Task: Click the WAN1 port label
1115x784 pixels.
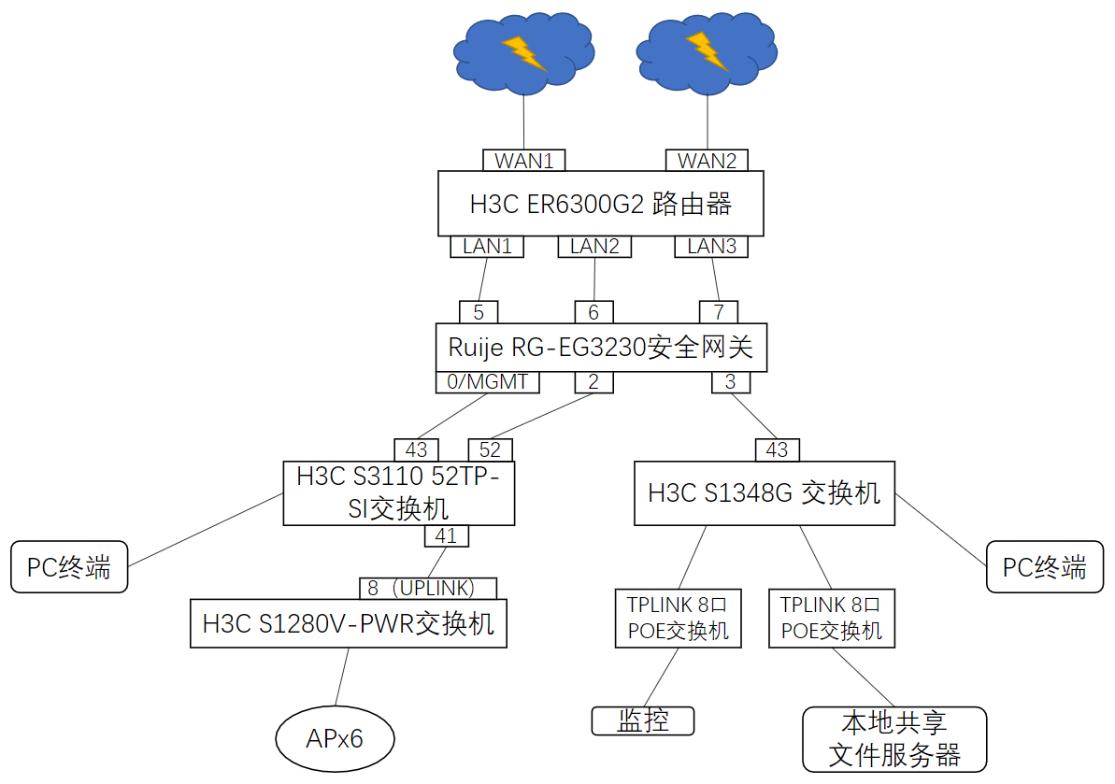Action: click(524, 161)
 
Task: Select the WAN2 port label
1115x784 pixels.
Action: click(707, 161)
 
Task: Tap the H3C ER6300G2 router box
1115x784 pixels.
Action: click(600, 204)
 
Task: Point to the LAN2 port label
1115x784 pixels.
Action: click(594, 247)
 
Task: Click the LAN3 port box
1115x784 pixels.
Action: click(712, 247)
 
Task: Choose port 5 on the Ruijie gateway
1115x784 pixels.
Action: click(478, 312)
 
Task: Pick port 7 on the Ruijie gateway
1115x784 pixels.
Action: click(718, 312)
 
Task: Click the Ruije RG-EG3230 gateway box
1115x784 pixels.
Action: click(601, 348)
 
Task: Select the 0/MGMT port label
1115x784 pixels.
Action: click(488, 382)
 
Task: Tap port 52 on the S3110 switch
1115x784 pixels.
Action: click(490, 450)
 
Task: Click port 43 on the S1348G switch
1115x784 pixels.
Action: click(778, 450)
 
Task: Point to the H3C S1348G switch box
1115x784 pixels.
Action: click(764, 493)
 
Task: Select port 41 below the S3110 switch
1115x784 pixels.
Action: click(447, 536)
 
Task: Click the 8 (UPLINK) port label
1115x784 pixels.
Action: click(428, 589)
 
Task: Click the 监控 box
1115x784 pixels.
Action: click(643, 721)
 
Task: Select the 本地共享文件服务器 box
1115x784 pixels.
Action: click(894, 739)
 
